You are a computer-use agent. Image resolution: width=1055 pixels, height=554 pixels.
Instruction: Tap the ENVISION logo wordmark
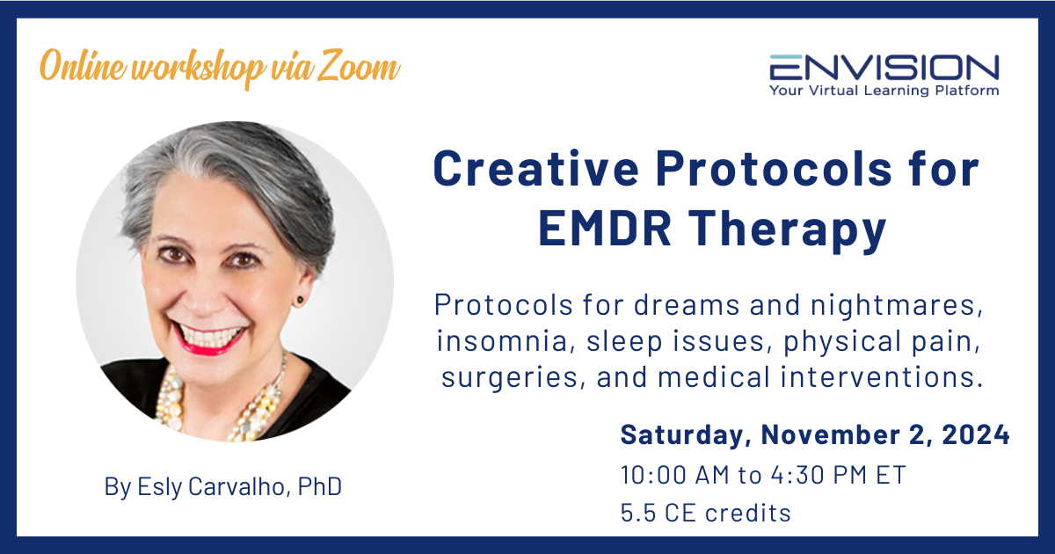pos(884,68)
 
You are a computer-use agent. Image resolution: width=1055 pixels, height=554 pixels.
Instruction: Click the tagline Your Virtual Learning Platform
pos(884,90)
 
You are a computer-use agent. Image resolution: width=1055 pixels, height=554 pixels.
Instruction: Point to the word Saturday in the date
pos(685,434)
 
